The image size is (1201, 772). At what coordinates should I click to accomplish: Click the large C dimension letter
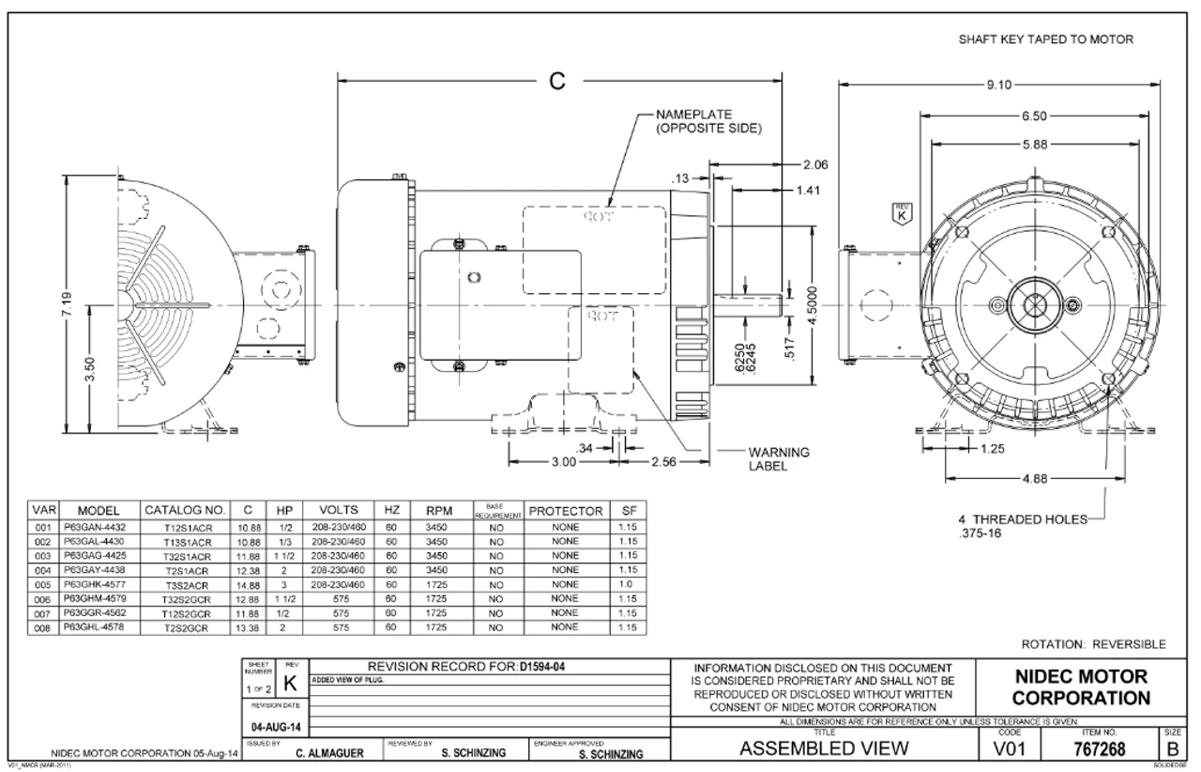[x=558, y=81]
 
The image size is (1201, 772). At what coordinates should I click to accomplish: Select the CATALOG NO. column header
[x=184, y=512]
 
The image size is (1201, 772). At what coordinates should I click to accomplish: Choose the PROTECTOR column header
[x=565, y=512]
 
